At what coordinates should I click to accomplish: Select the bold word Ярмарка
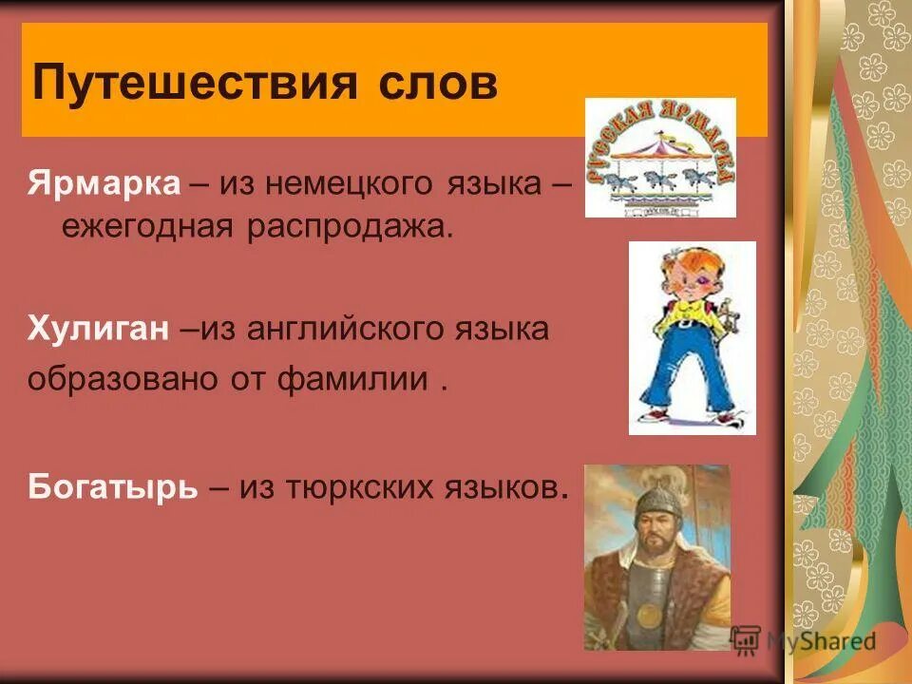(x=104, y=182)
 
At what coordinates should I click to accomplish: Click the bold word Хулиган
(x=100, y=330)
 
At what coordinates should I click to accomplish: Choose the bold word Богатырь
(x=113, y=486)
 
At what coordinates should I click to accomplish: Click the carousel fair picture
(x=659, y=158)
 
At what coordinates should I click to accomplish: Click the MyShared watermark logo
(x=804, y=640)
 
